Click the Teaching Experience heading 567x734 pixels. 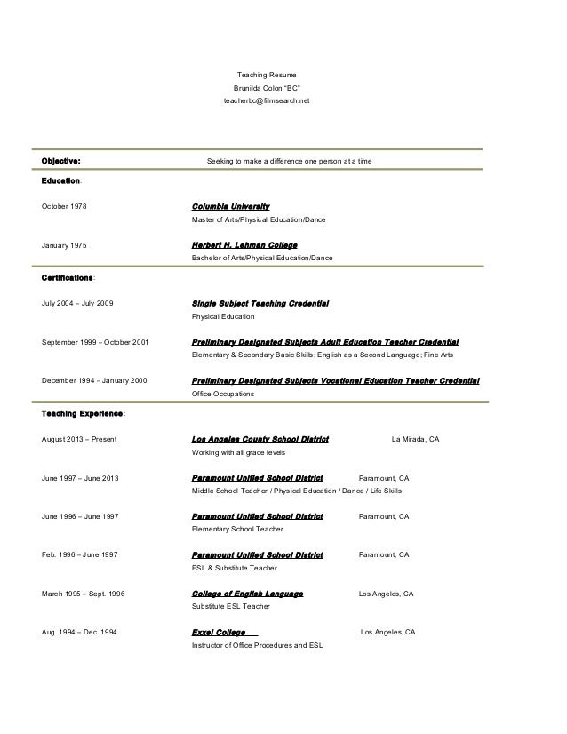[x=84, y=414]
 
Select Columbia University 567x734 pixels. [x=230, y=206]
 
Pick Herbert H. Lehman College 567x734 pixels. [x=244, y=244]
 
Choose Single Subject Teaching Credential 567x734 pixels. [x=260, y=304]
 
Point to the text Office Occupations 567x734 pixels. [x=223, y=394]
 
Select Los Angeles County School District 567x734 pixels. [x=260, y=439]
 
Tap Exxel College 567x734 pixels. [x=220, y=632]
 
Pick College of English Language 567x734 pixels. [x=247, y=593]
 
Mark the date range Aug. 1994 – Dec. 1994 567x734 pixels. [x=78, y=633]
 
